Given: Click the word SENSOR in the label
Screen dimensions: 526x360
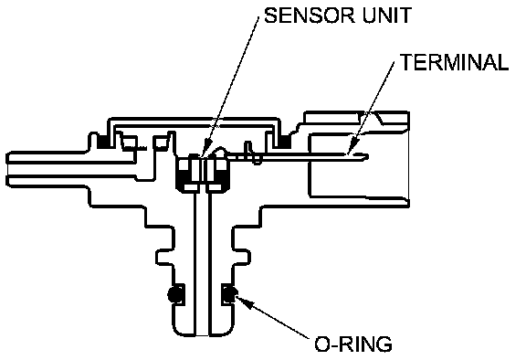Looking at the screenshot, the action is [x=309, y=16].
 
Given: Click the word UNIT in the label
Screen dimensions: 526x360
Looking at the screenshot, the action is [x=387, y=16].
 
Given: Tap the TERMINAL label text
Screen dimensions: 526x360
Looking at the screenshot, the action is [x=455, y=62].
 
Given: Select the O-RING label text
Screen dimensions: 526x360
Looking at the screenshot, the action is [x=353, y=344].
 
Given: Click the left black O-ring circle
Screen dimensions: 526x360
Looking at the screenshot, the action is [x=175, y=294].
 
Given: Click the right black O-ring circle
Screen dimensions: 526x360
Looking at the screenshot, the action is [x=230, y=294].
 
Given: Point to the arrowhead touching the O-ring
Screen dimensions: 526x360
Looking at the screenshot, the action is [x=243, y=301].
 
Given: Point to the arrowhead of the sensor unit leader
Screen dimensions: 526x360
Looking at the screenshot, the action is [x=205, y=150].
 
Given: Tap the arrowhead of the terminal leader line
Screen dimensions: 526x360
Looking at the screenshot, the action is [x=351, y=147].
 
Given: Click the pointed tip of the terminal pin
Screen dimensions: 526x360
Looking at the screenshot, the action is [x=368, y=156].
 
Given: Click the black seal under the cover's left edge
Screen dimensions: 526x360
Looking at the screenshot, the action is [x=102, y=141].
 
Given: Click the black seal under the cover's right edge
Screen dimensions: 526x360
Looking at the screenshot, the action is [x=286, y=141].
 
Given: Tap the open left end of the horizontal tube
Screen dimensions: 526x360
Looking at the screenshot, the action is [x=7, y=169].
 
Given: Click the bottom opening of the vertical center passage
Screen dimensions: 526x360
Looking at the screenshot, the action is [x=202, y=334].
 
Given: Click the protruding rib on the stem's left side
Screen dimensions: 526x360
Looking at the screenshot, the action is [x=165, y=258].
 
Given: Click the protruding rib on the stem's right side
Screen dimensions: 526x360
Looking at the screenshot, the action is [x=241, y=258].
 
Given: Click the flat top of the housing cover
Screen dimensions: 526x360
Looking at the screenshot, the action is [x=194, y=119].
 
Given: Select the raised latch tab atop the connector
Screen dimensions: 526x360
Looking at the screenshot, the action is [x=356, y=117].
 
